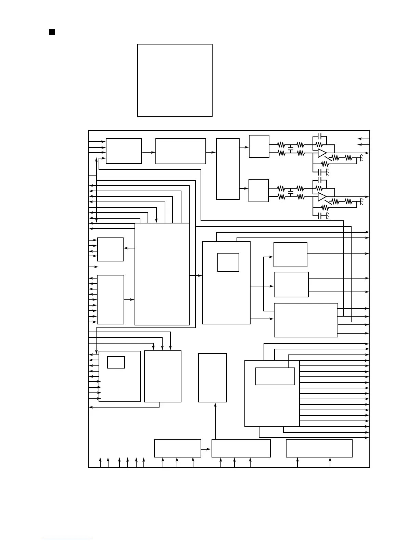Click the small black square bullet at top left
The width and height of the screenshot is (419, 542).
tap(52, 32)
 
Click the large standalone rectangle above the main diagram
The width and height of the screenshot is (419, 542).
tap(175, 80)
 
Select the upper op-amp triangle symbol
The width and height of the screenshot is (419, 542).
tap(322, 153)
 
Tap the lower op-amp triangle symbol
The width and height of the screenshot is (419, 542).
tap(322, 197)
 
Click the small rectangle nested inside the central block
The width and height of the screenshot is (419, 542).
tap(228, 262)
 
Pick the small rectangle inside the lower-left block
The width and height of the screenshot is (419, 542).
tap(116, 362)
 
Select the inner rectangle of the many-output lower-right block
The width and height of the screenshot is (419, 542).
tap(275, 376)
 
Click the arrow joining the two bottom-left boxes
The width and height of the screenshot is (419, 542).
tap(206, 449)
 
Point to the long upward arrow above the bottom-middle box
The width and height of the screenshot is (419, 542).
tap(215, 421)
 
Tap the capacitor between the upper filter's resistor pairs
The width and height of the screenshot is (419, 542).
tap(291, 149)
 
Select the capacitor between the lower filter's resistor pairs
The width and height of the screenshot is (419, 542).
tap(291, 193)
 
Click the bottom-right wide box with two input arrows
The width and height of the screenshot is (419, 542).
tap(319, 448)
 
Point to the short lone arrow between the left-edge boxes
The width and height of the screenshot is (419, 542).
tap(93, 267)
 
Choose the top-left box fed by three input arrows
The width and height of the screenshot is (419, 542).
tap(124, 151)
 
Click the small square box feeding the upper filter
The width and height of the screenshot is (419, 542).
tap(259, 146)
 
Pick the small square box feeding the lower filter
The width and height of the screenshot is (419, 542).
tap(258, 191)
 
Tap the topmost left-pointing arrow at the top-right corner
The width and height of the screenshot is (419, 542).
tap(363, 139)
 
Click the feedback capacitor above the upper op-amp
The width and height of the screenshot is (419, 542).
tap(319, 136)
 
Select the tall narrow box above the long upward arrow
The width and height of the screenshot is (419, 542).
tap(212, 378)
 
